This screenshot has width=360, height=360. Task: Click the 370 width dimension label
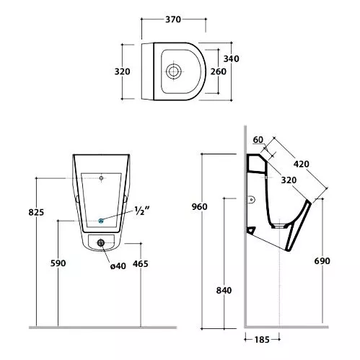[173, 19]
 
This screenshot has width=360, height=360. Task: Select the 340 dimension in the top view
[231, 58]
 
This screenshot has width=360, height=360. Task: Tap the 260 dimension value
[219, 71]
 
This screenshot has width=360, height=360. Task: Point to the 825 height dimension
[36, 212]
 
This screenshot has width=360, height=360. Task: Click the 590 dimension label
[58, 263]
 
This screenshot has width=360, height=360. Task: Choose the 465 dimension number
[141, 264]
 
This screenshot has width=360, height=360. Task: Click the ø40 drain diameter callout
[118, 266]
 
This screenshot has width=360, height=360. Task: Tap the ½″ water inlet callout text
[142, 211]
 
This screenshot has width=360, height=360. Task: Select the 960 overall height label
[199, 206]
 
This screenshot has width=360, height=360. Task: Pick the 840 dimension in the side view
[224, 291]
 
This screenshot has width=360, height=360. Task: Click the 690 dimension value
[322, 261]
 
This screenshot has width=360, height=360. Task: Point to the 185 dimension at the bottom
[262, 340]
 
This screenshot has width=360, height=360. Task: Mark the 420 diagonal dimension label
[302, 164]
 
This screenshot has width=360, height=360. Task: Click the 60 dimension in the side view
[258, 140]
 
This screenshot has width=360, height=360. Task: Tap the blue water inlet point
[101, 220]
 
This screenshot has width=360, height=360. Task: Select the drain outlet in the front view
[101, 242]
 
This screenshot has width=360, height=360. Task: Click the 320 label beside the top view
[122, 71]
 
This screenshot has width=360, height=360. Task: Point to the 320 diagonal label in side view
[289, 180]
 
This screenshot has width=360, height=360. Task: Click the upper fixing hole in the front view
[101, 178]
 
